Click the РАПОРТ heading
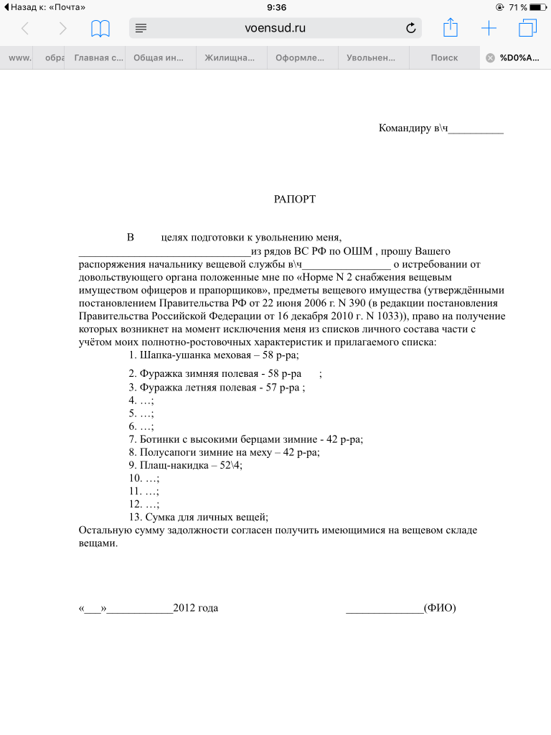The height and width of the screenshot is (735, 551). click(295, 199)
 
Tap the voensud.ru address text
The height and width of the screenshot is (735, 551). click(275, 28)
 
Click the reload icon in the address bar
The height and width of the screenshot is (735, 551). click(411, 28)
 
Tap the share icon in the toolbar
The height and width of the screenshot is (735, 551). click(450, 28)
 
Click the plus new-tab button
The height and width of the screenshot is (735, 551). click(489, 28)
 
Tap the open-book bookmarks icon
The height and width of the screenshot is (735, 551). click(100, 29)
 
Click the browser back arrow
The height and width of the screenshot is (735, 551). click(25, 29)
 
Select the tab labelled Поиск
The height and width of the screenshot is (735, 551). click(444, 58)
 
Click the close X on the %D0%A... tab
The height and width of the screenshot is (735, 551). click(490, 58)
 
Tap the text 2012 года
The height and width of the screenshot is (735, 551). click(195, 608)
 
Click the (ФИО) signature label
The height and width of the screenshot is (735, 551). click(440, 608)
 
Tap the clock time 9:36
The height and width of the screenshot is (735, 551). click(276, 7)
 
